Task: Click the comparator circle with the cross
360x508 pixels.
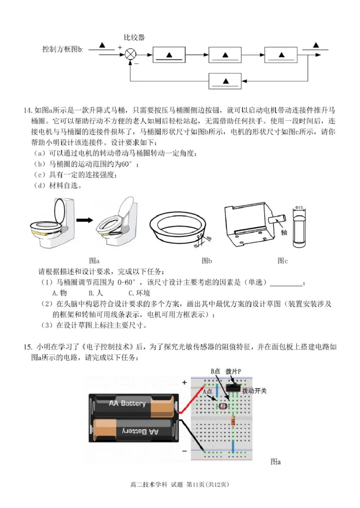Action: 130,54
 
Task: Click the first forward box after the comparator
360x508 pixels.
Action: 169,54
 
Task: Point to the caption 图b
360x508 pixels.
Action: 207,260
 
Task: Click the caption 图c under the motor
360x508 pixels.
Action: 282,260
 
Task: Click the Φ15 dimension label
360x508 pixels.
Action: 300,207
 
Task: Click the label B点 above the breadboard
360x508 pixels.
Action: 216,371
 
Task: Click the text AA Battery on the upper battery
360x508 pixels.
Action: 127,403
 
